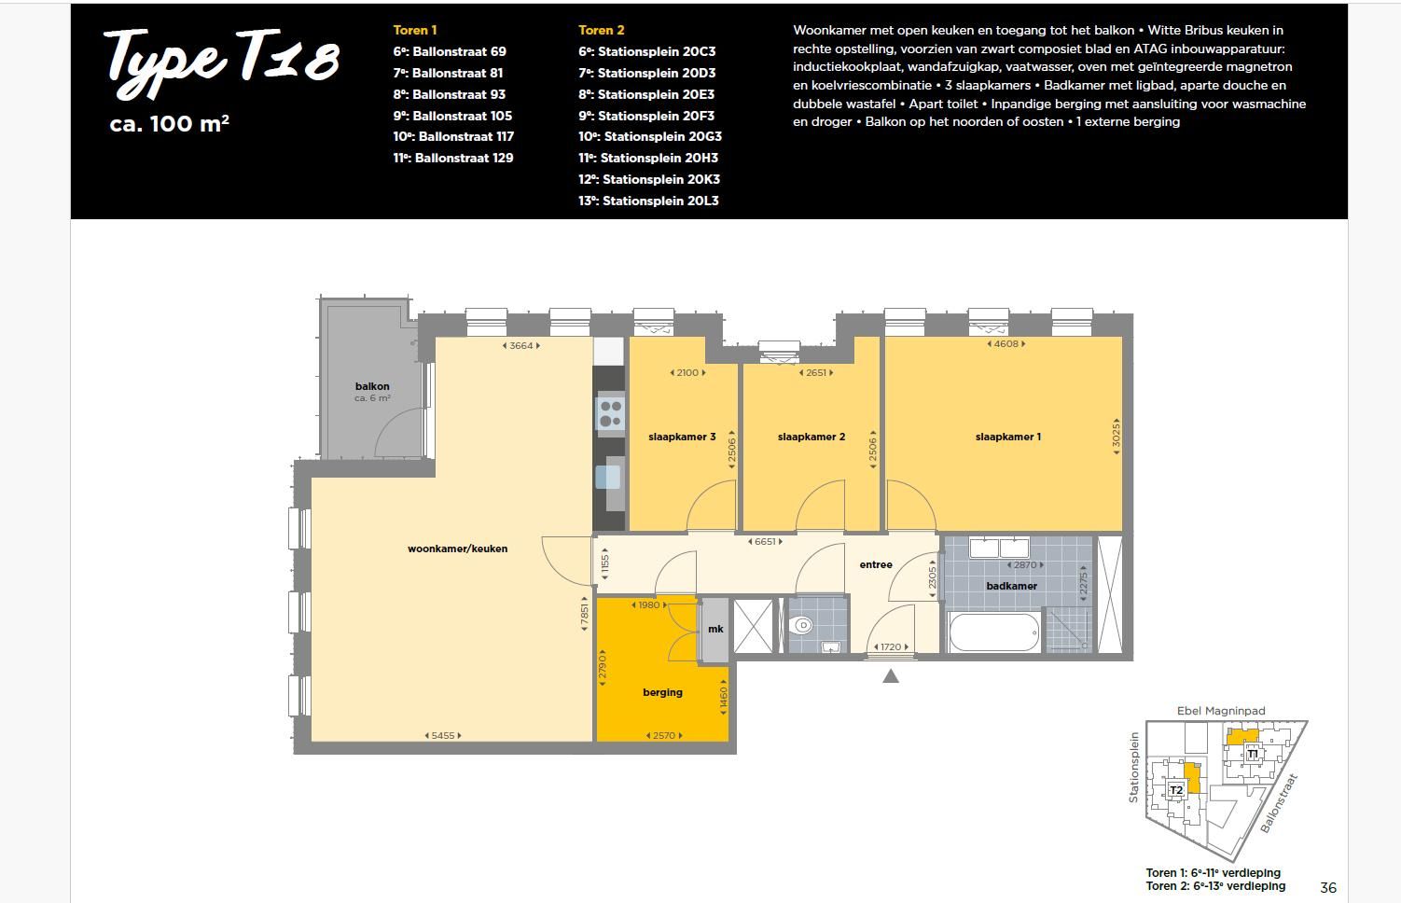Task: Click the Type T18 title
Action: point(222,63)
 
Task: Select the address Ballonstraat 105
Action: point(463,116)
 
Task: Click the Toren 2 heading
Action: point(601,30)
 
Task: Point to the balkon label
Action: point(372,386)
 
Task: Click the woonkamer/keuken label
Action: point(457,549)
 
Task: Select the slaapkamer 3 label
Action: point(682,437)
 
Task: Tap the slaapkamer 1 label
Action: point(1008,437)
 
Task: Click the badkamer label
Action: point(1011,586)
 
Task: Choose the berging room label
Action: point(662,692)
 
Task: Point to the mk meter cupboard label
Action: point(715,629)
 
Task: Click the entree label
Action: point(876,564)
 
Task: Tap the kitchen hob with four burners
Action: point(610,413)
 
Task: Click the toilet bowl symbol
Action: point(801,625)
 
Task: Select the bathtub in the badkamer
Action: point(993,632)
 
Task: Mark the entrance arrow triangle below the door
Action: point(891,676)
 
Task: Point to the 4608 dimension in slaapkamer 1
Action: point(1006,344)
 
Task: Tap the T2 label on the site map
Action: point(1176,790)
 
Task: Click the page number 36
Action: point(1328,887)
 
